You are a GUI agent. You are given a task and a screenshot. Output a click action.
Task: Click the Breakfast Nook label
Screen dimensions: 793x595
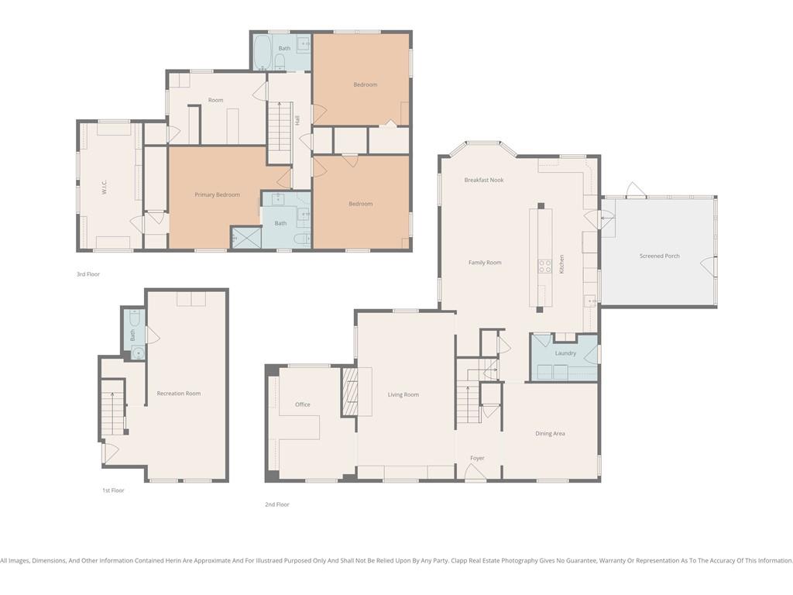pyautogui.click(x=484, y=180)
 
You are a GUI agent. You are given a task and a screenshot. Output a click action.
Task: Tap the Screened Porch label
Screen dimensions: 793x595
pyautogui.click(x=660, y=256)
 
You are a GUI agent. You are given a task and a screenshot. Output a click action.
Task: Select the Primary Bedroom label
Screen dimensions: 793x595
pyautogui.click(x=218, y=194)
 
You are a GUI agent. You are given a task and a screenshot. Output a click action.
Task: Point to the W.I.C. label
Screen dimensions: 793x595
pyautogui.click(x=105, y=187)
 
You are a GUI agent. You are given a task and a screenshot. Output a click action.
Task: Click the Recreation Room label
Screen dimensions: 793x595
pyautogui.click(x=179, y=394)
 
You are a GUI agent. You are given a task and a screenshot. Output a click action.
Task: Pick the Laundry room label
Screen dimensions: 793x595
pyautogui.click(x=565, y=353)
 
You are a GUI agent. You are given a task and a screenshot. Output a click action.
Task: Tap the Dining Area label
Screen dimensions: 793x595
pyautogui.click(x=551, y=434)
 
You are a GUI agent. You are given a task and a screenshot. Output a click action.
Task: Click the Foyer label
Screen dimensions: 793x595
pyautogui.click(x=477, y=459)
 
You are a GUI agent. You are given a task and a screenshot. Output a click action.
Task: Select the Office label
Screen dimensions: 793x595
pyautogui.click(x=303, y=404)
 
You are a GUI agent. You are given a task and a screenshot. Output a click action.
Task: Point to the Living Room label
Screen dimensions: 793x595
pyautogui.click(x=403, y=394)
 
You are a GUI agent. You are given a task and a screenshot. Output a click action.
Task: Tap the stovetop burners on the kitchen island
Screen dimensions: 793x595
pyautogui.click(x=544, y=267)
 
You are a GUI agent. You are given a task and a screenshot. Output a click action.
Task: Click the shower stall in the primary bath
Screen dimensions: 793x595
pyautogui.click(x=246, y=237)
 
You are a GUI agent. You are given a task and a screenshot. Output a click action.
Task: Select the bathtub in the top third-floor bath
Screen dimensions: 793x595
pyautogui.click(x=263, y=52)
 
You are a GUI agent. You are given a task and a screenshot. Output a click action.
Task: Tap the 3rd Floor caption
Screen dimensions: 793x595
pyautogui.click(x=88, y=274)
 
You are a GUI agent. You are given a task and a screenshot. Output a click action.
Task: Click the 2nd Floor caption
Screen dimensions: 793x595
pyautogui.click(x=277, y=504)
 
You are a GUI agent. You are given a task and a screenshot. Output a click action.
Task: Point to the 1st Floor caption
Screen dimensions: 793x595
pyautogui.click(x=113, y=490)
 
